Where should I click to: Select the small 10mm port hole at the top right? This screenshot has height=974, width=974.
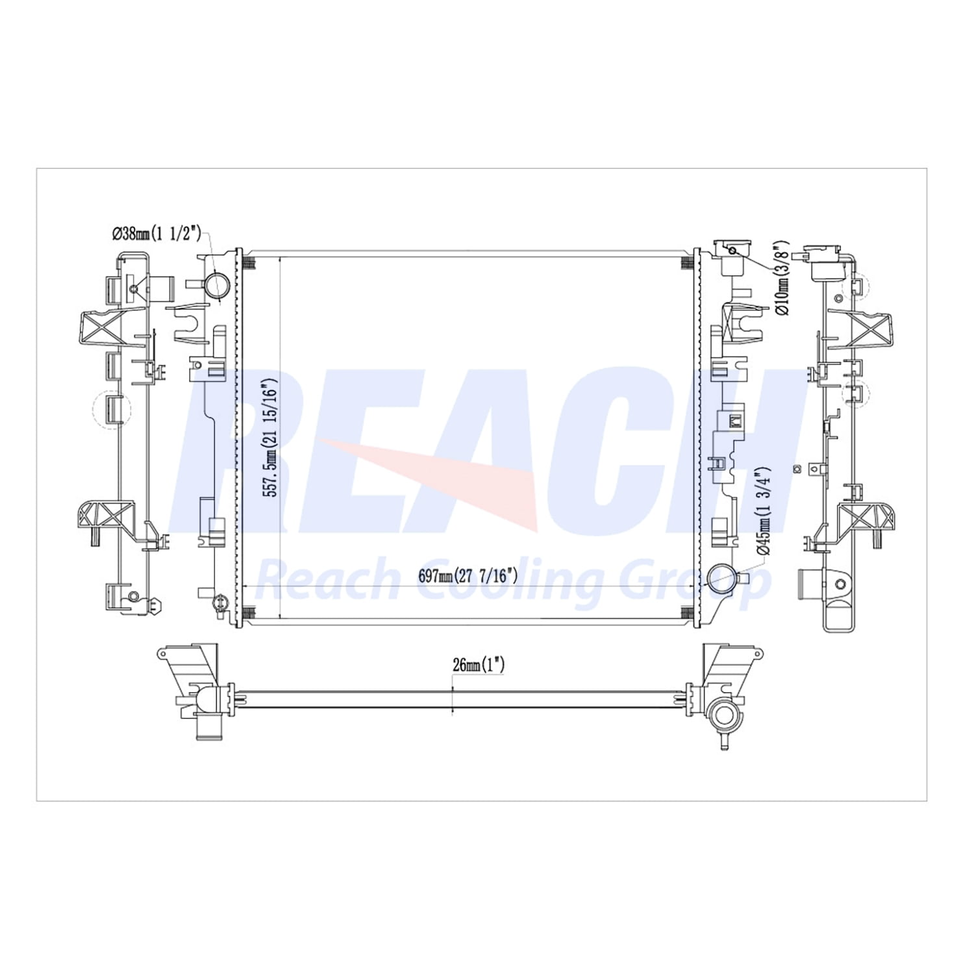[732, 250]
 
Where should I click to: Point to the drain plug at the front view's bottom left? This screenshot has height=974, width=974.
[219, 602]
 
